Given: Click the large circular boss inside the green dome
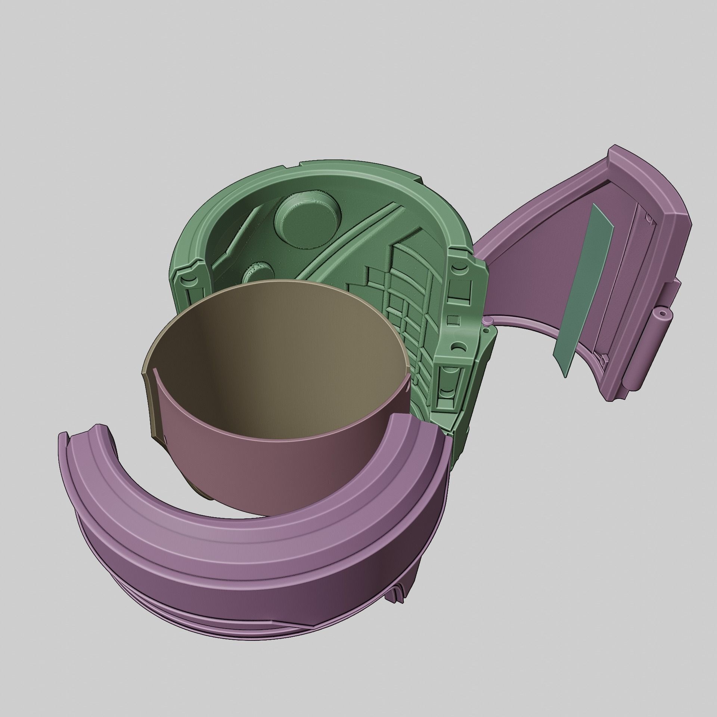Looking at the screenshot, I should (307, 220).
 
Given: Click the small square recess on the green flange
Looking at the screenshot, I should (452, 310).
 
